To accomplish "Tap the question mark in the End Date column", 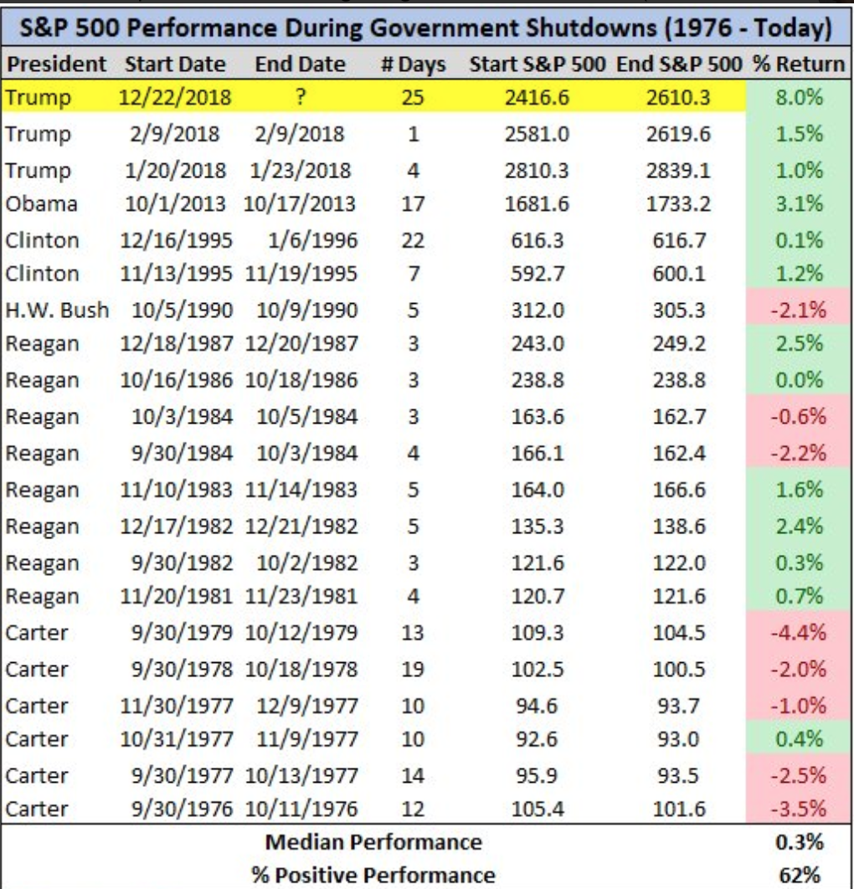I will (x=299, y=98).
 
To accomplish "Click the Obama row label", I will (x=42, y=204).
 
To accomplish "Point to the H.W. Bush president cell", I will (x=57, y=310).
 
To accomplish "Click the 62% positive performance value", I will (x=798, y=875).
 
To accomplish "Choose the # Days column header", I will (x=413, y=64).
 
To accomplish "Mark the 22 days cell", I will (x=413, y=240).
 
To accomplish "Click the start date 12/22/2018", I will (x=177, y=98).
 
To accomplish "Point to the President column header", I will (x=56, y=64).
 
